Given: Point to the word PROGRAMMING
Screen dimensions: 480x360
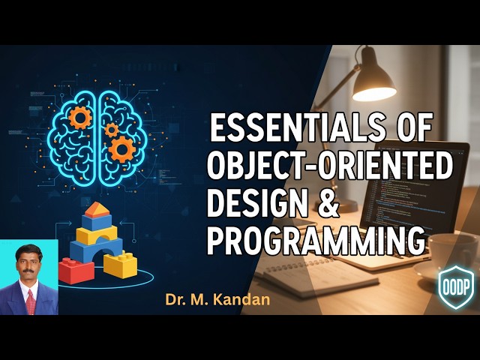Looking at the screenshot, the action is [316, 241].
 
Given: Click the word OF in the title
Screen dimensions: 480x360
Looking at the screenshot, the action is [413, 127].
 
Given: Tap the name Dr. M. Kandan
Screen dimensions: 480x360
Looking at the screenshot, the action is [217, 300].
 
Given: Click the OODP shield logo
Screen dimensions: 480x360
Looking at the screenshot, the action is [456, 287].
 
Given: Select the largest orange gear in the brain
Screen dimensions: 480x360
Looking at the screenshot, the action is [121, 149].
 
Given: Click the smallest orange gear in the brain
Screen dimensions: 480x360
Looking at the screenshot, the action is [112, 130].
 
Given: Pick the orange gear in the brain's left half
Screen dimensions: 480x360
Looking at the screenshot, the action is [80, 118].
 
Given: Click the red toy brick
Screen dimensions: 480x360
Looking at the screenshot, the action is [76, 271].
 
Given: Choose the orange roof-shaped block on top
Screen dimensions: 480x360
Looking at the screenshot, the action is [97, 210].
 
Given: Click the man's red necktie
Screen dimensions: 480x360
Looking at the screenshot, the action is [31, 302].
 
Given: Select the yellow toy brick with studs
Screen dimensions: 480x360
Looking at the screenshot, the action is [120, 264].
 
